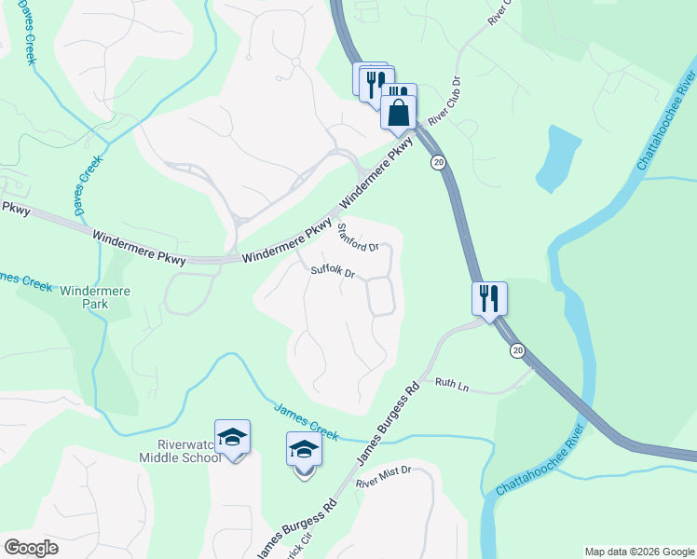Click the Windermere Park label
(95, 297)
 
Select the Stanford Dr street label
(357, 239)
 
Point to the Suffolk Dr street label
(334, 273)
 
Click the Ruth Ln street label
(451, 384)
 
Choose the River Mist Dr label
(383, 479)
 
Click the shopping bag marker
(398, 112)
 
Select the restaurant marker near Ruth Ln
(489, 299)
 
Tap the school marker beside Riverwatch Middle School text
(232, 437)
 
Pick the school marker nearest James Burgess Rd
(304, 451)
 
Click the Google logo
(31, 548)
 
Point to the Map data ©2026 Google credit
(638, 552)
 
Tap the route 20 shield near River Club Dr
(437, 163)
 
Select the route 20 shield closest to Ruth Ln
(517, 350)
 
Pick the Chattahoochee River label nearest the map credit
(542, 462)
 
